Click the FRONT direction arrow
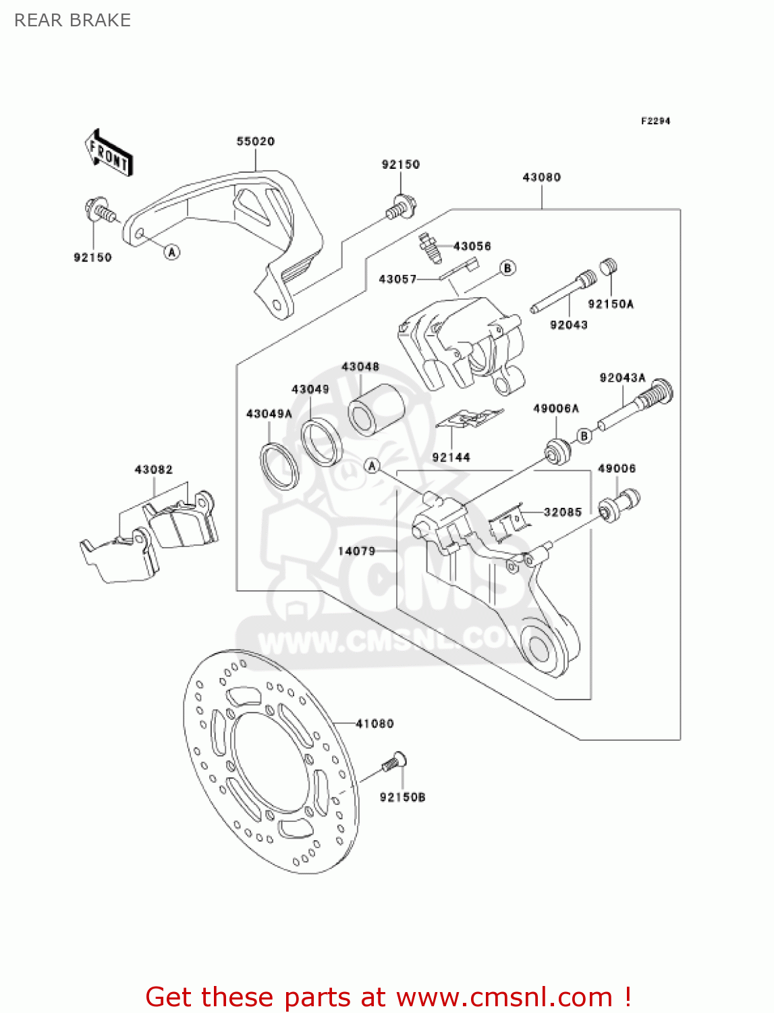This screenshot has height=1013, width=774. point(109,153)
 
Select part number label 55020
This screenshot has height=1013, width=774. point(255,141)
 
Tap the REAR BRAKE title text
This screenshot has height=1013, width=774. point(72,20)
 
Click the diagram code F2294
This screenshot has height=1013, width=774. point(655,121)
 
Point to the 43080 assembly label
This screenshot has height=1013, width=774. point(541,177)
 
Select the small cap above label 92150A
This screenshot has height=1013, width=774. point(609,267)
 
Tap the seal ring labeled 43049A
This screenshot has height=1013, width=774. point(279,465)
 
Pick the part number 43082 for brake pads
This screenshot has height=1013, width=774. point(153,469)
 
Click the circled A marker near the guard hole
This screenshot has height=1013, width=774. point(173,252)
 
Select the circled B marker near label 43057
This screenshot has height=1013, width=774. point(507,268)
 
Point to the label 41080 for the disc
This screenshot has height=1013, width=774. point(375,723)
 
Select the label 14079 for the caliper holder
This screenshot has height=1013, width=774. point(356,551)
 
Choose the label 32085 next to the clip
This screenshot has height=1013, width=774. point(562,512)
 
